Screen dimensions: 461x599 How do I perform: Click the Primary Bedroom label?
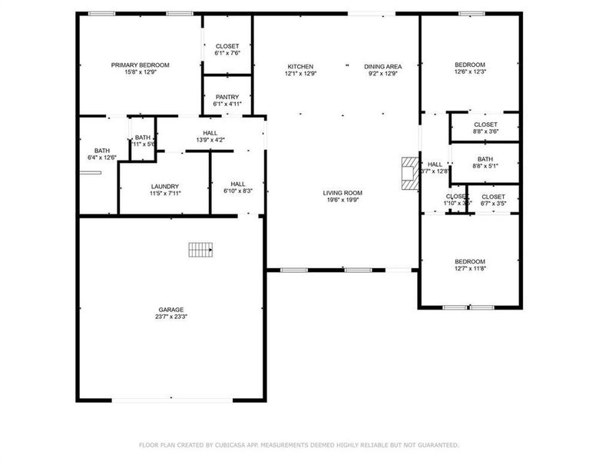[140, 65]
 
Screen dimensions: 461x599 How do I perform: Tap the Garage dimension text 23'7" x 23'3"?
[171, 317]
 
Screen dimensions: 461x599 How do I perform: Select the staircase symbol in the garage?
[201, 249]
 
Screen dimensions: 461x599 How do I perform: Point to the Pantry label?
[227, 97]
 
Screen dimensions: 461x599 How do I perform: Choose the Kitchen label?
[300, 67]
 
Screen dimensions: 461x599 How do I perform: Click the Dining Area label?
[382, 67]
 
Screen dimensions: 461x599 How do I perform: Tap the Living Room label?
[342, 193]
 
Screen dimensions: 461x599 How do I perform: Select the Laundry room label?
[165, 186]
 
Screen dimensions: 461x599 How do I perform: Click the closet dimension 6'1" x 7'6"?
[227, 54]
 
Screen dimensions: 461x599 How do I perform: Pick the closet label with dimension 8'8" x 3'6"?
[485, 124]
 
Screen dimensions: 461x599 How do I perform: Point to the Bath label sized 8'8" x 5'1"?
[485, 159]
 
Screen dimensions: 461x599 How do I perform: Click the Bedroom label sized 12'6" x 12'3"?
[470, 65]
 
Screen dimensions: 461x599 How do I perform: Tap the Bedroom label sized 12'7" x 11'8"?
[469, 261]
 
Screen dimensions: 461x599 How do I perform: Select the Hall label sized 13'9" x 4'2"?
[210, 133]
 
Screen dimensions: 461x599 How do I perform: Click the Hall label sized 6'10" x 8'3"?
[238, 184]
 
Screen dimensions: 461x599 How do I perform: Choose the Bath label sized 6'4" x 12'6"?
[102, 151]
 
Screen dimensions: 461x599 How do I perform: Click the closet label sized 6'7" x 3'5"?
[493, 197]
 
